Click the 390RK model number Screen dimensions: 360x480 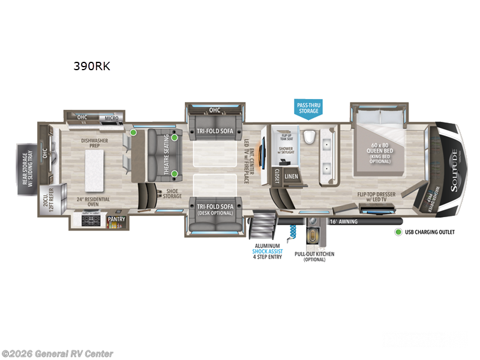(x=91, y=66)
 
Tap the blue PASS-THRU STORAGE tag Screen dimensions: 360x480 (x=308, y=108)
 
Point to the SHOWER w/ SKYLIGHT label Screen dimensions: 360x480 (x=286, y=151)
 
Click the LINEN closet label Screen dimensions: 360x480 (x=292, y=176)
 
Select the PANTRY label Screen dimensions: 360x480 (x=116, y=220)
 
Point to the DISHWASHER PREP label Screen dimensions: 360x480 (x=94, y=144)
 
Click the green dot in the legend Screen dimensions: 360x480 (x=397, y=232)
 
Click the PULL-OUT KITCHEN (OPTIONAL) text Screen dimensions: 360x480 (x=314, y=257)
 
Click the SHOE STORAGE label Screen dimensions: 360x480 (x=172, y=193)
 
